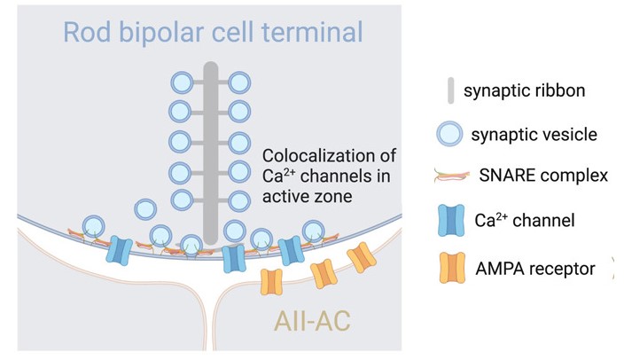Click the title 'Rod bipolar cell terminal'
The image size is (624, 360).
214,34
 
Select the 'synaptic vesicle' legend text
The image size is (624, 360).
534,135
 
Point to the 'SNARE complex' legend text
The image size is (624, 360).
543,175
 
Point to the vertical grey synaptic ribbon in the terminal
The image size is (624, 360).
210,151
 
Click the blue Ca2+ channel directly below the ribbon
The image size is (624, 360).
234,258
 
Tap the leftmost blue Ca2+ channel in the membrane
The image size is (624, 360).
120,250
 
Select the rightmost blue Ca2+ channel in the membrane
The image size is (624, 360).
291,251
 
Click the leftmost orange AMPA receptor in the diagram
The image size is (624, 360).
271,282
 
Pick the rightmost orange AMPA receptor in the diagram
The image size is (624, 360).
362,258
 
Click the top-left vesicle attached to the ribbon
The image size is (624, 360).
180,83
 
